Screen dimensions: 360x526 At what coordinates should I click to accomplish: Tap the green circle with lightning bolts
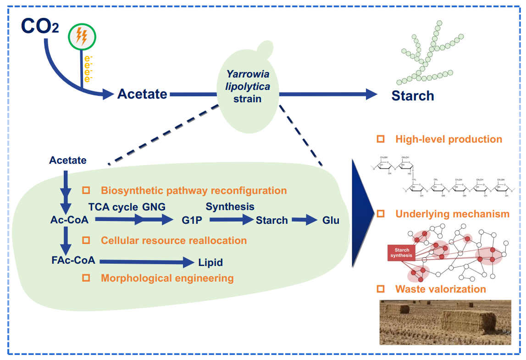(82, 36)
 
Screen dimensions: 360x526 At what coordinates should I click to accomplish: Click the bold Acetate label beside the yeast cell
(142, 94)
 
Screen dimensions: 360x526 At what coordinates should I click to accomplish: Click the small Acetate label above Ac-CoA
(68, 161)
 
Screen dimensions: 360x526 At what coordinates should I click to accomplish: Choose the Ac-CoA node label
(69, 220)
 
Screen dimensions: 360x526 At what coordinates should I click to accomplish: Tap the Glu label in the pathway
(331, 221)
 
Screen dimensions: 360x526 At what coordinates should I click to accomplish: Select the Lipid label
(210, 263)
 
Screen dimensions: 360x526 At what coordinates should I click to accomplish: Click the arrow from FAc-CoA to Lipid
(147, 262)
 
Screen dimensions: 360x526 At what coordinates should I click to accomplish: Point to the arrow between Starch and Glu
(305, 221)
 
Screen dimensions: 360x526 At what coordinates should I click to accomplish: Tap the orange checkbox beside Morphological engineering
(86, 277)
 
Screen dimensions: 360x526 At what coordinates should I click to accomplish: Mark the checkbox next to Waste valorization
(380, 289)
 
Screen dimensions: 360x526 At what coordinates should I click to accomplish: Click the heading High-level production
(448, 139)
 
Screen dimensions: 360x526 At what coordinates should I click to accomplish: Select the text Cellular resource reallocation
(174, 240)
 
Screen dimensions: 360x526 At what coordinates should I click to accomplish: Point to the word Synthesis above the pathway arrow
(230, 206)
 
